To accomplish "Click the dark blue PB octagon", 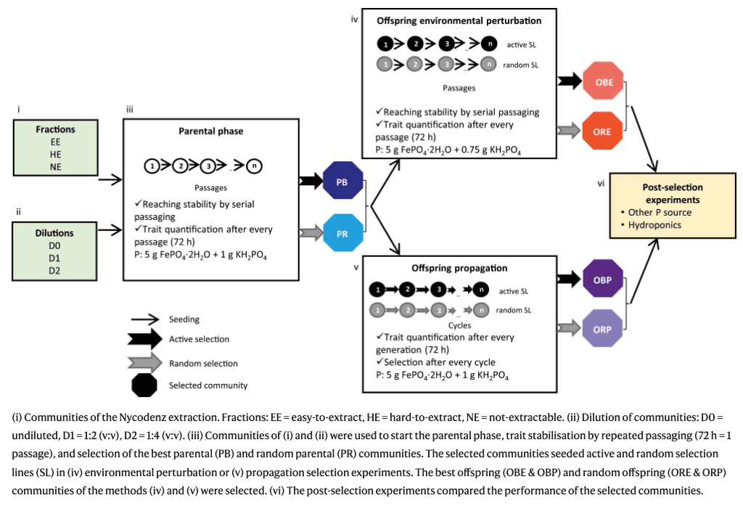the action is click(x=342, y=181).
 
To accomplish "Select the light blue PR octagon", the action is click(x=342, y=233).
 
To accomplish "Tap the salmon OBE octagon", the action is click(x=603, y=81).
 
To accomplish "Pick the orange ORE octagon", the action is click(x=602, y=131).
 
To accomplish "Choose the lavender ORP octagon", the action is click(x=602, y=328).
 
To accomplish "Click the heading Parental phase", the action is click(x=211, y=131).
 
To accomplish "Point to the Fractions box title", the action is click(x=55, y=129).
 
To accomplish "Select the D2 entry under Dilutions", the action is click(x=54, y=270).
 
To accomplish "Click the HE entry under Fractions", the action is click(x=55, y=154).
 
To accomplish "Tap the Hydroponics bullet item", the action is click(x=654, y=225).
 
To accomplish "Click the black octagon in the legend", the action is click(x=144, y=385).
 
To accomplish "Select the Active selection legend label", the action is click(x=199, y=339).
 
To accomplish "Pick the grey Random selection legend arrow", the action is click(x=144, y=363).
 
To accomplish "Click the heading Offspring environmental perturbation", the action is click(x=459, y=20).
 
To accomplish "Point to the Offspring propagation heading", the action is click(x=459, y=268).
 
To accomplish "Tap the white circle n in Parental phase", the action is click(x=254, y=166).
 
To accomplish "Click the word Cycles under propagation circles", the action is click(x=459, y=325).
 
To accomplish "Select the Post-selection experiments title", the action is click(x=673, y=194).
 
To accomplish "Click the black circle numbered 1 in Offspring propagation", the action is click(x=377, y=289).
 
